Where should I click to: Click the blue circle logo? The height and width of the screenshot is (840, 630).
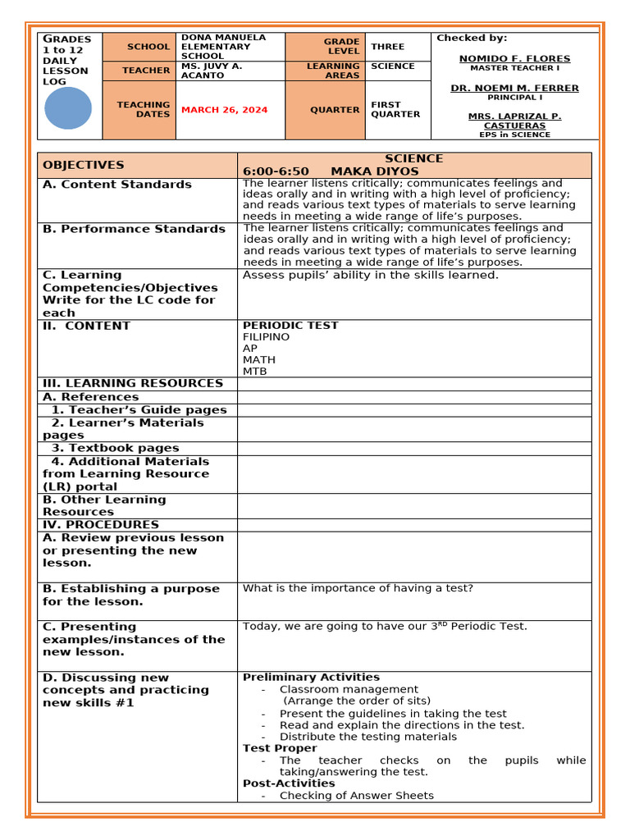[68, 108]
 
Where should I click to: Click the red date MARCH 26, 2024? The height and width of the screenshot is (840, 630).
[224, 110]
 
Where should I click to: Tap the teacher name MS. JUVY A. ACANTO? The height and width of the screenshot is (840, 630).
[212, 71]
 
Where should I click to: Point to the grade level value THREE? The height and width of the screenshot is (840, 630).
[387, 47]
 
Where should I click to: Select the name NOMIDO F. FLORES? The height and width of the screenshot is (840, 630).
[514, 59]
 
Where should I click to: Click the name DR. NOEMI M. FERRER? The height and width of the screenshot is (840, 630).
[514, 88]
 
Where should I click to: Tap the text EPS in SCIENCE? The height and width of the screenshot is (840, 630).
[514, 135]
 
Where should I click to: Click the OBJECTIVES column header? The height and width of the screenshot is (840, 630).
[84, 165]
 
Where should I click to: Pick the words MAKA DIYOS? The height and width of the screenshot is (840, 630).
[374, 171]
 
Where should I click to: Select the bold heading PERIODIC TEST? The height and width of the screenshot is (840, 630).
[290, 326]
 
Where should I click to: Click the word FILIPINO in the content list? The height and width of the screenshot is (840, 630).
[266, 337]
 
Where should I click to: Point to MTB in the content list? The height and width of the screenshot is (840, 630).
[254, 372]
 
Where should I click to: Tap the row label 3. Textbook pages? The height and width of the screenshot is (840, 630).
[115, 448]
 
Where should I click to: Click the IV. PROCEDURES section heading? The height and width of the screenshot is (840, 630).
[101, 524]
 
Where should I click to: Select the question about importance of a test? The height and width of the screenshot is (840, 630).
[358, 588]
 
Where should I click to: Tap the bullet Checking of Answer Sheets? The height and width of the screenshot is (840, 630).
[356, 795]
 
